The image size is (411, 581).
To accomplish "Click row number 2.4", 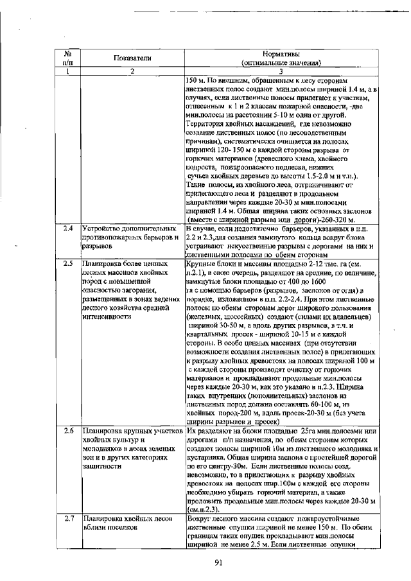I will [67, 228].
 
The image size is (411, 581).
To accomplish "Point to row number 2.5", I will [67, 263].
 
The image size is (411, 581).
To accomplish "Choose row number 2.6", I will [67, 431].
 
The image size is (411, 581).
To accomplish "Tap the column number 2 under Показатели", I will [132, 71].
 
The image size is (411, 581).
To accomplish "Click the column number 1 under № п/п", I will [67, 71].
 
